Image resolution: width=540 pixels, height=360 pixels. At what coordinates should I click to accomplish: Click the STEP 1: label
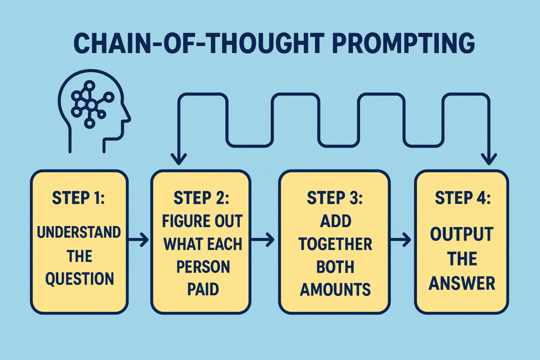pos(79,199)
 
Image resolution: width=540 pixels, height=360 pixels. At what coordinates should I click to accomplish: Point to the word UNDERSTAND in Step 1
pos(79,232)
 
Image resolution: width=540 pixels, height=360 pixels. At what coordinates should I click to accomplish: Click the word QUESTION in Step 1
pos(79,278)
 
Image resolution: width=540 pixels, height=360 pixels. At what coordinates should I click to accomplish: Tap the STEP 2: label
pos(200,199)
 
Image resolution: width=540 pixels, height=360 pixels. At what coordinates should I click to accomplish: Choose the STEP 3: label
pos(334,199)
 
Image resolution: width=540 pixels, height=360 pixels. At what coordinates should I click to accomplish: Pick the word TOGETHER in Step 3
pos(335,244)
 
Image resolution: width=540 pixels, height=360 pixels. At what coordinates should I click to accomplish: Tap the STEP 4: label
pos(462,199)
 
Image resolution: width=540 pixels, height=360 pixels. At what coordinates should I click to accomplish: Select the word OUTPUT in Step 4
pos(461,235)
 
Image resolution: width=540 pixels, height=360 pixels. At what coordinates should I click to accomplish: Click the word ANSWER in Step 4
pos(462,284)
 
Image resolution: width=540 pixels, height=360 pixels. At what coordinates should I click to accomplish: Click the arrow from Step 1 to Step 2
pos(139,240)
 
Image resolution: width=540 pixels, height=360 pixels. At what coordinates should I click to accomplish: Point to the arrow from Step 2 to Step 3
pos(263,240)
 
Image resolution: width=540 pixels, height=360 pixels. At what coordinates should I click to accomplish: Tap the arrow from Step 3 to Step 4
pos(401,240)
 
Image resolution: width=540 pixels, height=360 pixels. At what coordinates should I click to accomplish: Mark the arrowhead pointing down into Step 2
pos(180,157)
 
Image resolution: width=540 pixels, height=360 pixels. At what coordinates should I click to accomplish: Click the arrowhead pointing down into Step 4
pos(489,157)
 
